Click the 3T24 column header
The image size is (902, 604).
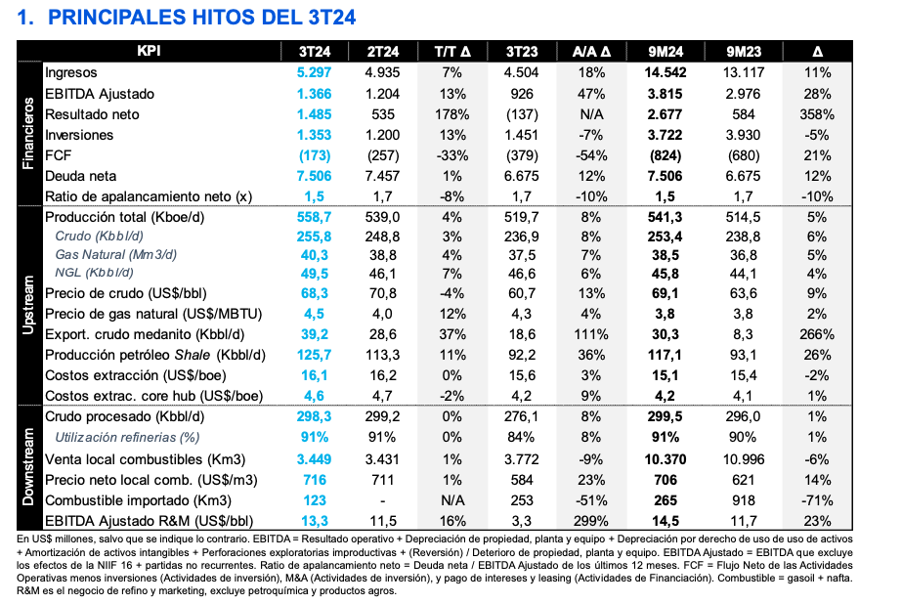coord(315,51)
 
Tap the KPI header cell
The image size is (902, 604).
coord(149,51)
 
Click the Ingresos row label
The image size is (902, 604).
coord(71,72)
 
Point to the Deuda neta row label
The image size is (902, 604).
coord(80,176)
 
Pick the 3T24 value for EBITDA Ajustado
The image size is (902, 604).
coord(315,94)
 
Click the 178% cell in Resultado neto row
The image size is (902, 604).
coord(451,114)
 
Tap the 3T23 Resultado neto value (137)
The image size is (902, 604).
coord(522,114)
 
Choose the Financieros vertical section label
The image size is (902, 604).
coord(29,134)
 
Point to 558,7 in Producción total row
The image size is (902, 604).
coord(315,217)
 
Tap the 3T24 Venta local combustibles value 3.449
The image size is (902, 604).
coord(315,459)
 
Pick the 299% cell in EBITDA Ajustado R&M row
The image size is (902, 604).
coord(592,521)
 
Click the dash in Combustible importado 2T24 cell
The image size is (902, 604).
coord(383,500)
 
